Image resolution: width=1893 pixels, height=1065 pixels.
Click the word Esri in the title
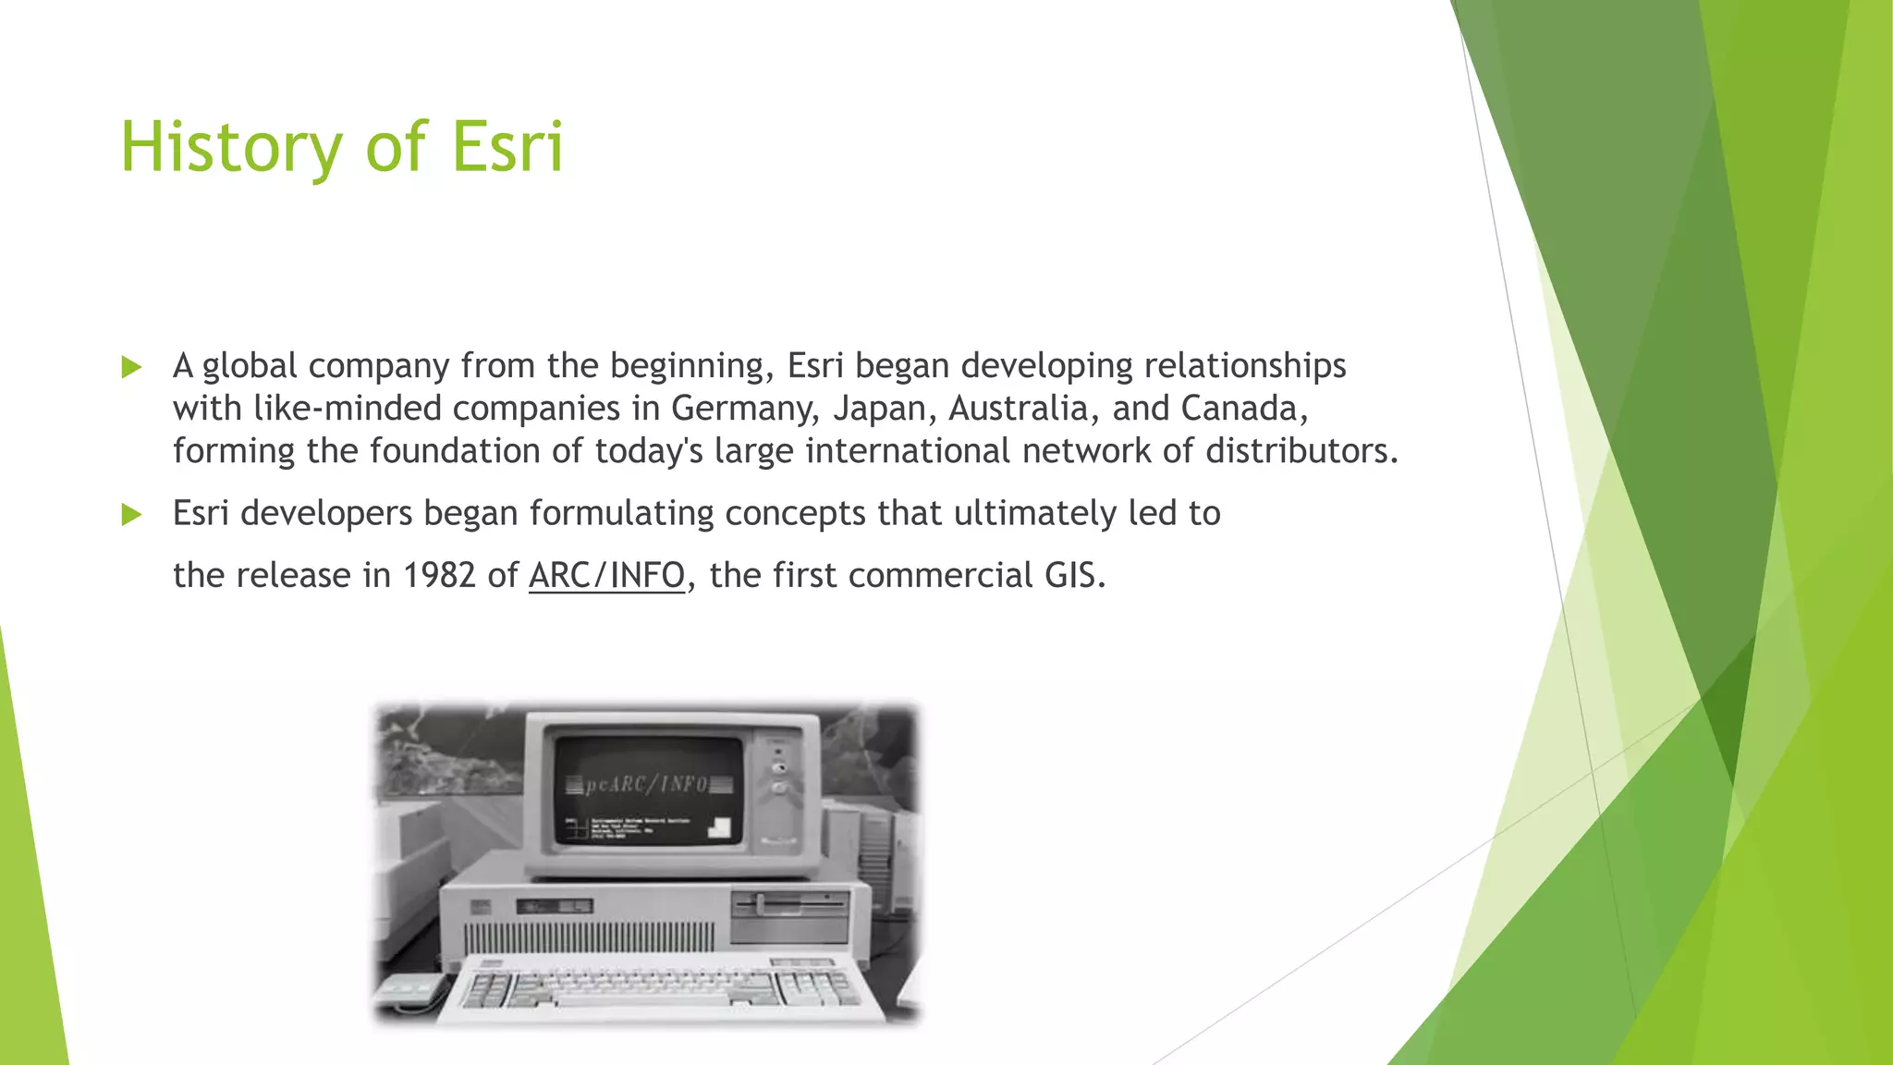pyautogui.click(x=507, y=148)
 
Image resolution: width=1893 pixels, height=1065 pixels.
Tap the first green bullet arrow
pyautogui.click(x=132, y=367)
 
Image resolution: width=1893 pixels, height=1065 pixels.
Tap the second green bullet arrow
pyautogui.click(x=132, y=514)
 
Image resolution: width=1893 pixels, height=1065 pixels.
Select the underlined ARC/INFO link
pyautogui.click(x=606, y=576)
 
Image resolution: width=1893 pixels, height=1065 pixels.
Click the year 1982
pyautogui.click(x=439, y=576)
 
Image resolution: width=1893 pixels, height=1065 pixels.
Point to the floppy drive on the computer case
pyautogui.click(x=790, y=904)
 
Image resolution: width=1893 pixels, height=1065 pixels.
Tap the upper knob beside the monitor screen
pyautogui.click(x=779, y=767)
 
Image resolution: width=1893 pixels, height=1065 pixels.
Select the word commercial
pyautogui.click(x=940, y=576)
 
